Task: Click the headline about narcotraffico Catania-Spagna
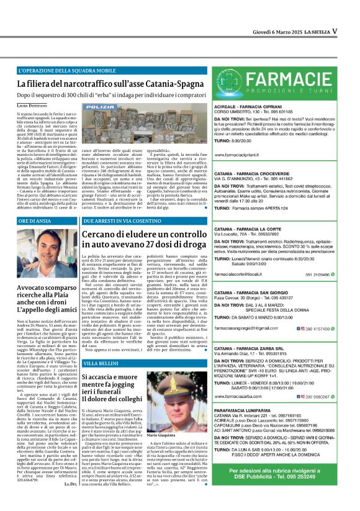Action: [x=105, y=83]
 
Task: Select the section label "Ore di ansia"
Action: [x=34, y=221]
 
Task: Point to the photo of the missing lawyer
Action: [x=47, y=254]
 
